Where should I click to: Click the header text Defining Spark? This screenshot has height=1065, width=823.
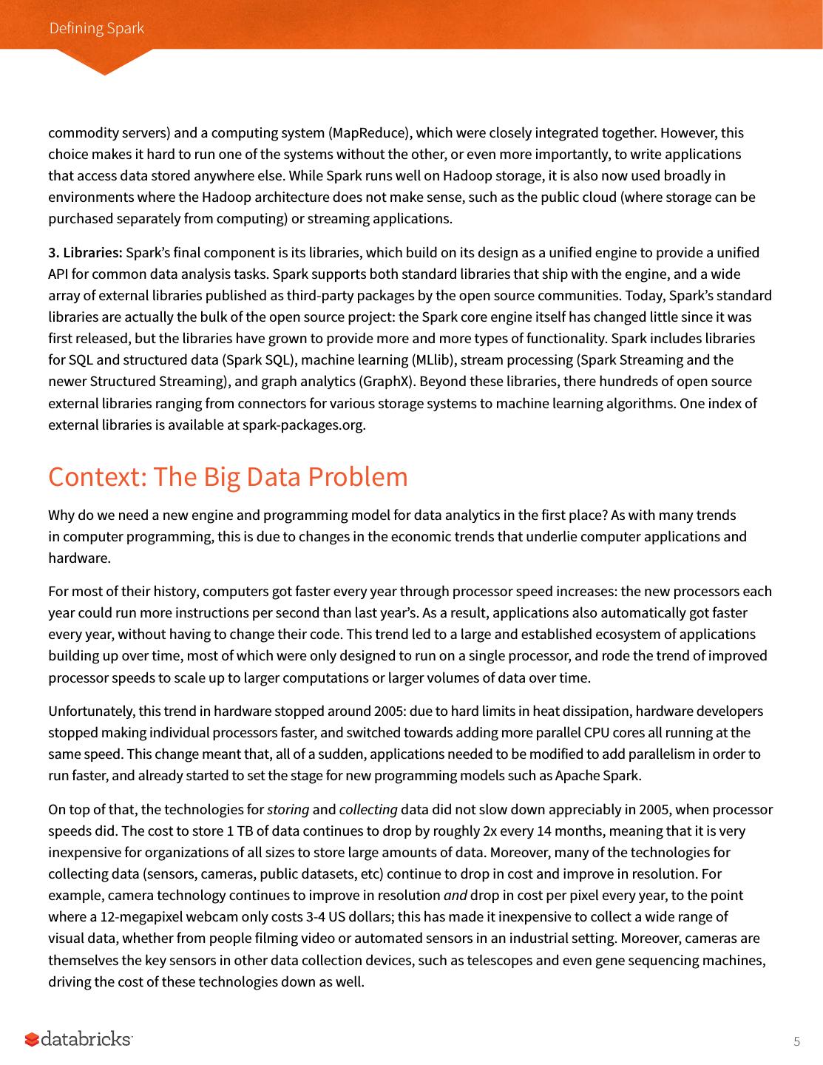96,28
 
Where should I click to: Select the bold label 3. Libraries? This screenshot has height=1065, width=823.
85,253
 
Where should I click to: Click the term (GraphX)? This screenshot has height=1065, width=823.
381,382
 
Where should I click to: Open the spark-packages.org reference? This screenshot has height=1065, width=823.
303,425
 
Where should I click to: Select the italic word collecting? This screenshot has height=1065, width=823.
368,810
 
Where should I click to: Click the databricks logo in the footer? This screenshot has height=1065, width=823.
79,1039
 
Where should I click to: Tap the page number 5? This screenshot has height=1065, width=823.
796,1042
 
